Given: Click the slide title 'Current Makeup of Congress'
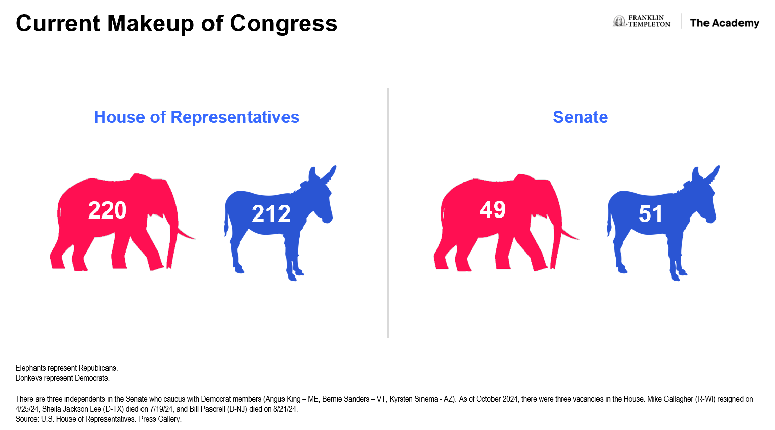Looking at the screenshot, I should pos(177,23).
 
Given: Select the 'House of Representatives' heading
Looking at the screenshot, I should pos(197,117).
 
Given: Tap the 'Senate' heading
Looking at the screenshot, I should pos(580,117).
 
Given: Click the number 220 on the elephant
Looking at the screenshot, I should pos(107,210).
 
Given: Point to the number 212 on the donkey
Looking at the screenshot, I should pos(271,214).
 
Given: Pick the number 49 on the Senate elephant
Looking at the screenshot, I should pos(492,209).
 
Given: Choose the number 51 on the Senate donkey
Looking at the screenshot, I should pos(650,214).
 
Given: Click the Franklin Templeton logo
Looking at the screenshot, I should pos(641,21).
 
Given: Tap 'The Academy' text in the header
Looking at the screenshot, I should pos(724,23).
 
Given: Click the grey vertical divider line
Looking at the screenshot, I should pos(388,213).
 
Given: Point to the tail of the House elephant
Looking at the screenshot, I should pos(186,234).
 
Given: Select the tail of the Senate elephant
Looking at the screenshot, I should pos(569,234).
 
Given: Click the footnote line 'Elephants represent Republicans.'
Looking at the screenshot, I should pos(66,368).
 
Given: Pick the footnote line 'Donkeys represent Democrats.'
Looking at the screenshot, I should pos(62,378).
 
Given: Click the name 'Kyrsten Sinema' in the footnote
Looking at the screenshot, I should pos(413,399).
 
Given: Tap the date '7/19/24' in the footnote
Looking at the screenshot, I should pos(161,409).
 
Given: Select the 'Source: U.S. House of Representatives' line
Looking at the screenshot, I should pos(98,419).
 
